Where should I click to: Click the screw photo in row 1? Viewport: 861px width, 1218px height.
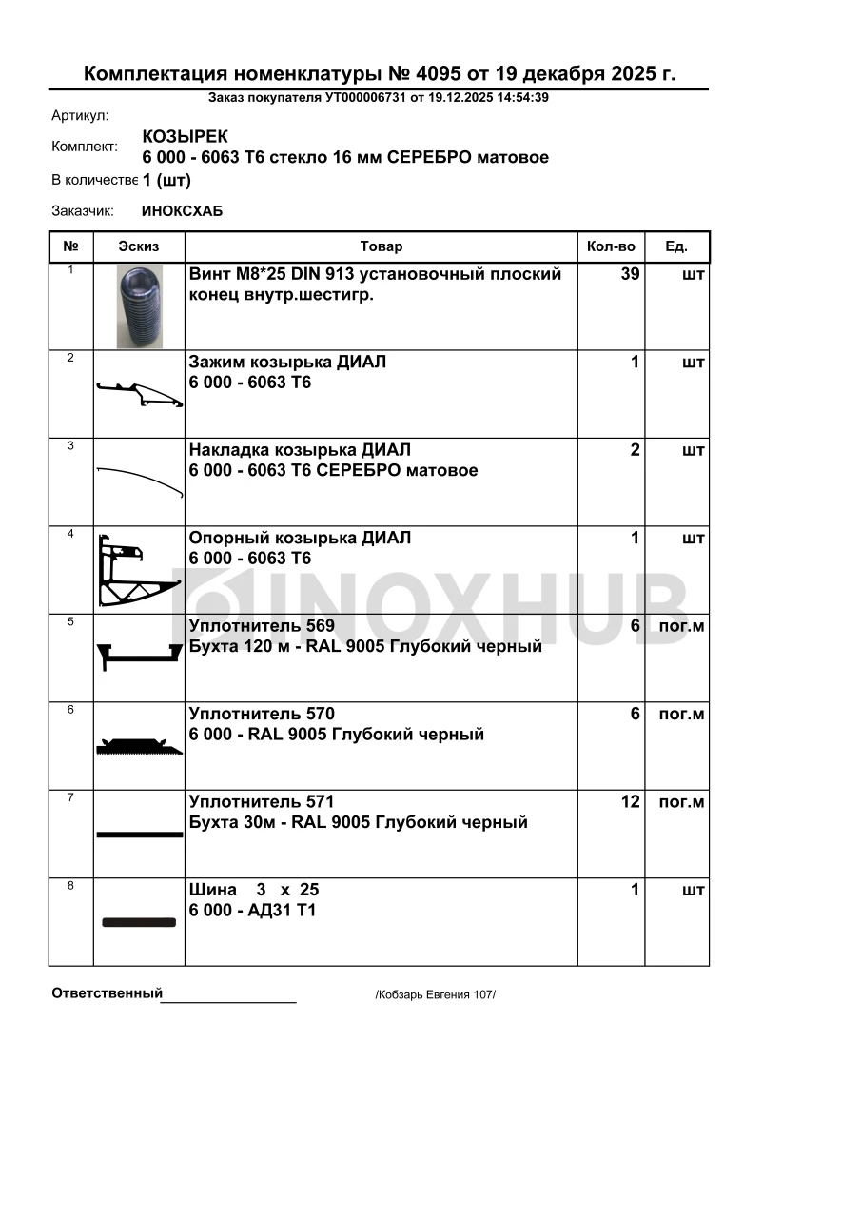click(x=140, y=306)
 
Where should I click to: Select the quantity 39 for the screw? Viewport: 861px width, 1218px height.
click(x=630, y=275)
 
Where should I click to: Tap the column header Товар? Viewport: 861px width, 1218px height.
click(x=382, y=246)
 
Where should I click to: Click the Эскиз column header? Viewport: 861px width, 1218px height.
click(x=139, y=246)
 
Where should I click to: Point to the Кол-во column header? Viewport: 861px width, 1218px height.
click(x=611, y=246)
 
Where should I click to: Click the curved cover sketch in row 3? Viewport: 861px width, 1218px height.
click(x=140, y=481)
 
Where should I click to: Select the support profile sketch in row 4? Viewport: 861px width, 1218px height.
click(x=139, y=570)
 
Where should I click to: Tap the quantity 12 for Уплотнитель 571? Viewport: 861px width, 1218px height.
click(x=630, y=802)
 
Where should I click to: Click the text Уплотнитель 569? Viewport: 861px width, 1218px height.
click(x=262, y=626)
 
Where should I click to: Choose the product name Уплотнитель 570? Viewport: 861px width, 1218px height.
click(x=262, y=714)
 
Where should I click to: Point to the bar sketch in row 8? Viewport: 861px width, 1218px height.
click(x=139, y=922)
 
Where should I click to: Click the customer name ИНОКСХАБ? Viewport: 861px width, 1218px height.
click(x=182, y=211)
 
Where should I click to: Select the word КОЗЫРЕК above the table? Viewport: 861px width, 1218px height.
click(x=185, y=137)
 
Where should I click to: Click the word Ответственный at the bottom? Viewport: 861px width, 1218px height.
click(x=107, y=993)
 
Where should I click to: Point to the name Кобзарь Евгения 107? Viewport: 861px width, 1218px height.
click(x=436, y=994)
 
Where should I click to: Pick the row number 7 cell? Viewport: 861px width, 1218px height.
click(x=70, y=797)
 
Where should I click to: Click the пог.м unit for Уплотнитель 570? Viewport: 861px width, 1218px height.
click(x=681, y=715)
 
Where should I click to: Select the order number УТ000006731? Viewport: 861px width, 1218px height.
click(x=365, y=97)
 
